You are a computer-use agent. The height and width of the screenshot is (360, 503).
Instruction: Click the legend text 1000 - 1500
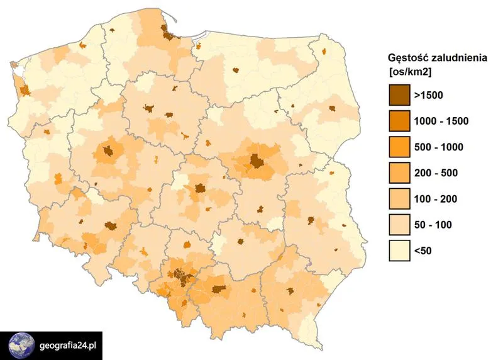441,121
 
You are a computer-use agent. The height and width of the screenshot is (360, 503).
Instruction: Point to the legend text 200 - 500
436,173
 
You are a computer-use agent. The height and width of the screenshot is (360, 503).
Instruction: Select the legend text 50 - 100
433,225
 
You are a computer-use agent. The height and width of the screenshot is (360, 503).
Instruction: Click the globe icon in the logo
21,346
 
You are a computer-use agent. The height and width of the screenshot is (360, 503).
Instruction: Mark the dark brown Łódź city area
200,188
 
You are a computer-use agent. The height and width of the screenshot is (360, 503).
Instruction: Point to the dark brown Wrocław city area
111,226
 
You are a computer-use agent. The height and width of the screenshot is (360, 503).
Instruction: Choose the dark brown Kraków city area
219,289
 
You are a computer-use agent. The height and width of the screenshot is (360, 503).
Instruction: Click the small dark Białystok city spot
331,110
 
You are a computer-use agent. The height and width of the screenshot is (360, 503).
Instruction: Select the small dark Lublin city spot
310,220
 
